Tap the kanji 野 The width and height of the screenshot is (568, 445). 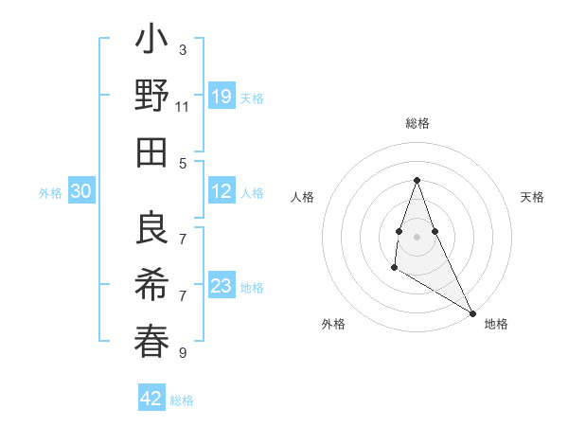tap(152, 98)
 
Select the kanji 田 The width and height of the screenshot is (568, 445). tap(152, 151)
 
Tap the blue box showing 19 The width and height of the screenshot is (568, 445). tap(222, 97)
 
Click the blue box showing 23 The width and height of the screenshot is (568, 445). tap(222, 286)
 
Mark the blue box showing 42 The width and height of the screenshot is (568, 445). tap(151, 399)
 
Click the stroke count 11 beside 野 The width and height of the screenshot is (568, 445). tap(183, 108)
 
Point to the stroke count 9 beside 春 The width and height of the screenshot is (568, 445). tap(183, 353)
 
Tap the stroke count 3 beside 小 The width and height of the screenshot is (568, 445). tap(183, 48)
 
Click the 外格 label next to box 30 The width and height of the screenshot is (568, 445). tap(50, 193)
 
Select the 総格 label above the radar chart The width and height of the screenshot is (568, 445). tap(417, 123)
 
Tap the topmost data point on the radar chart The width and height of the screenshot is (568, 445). tap(417, 180)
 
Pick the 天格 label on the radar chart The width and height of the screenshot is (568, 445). tap(532, 197)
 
